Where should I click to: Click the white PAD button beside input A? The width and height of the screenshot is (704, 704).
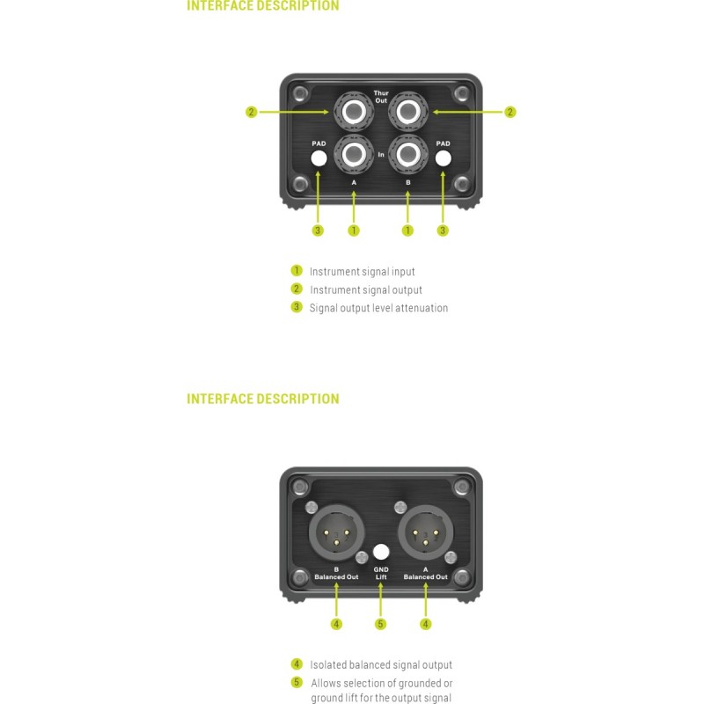pos(319,158)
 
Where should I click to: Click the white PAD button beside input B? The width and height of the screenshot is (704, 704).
pos(444,158)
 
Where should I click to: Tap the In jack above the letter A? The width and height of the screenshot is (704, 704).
pos(355,155)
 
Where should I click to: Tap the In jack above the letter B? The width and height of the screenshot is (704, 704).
pos(408,155)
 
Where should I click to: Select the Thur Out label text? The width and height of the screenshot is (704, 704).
pos(381,97)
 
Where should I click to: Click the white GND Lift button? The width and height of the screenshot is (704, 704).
pos(381,552)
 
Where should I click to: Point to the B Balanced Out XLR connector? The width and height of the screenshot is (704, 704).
pos(336,532)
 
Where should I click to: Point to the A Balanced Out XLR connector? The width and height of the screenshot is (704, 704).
pos(425,532)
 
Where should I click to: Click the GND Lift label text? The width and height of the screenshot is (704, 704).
pos(381,574)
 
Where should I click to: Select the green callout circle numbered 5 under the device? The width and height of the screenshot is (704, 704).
pos(381,624)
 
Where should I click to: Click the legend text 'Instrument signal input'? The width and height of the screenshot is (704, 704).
pos(363,272)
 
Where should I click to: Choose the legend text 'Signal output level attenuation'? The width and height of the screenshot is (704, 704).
pos(378,308)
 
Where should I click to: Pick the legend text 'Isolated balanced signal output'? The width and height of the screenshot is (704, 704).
pos(381,665)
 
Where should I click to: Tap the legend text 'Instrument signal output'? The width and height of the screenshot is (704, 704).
pos(366,290)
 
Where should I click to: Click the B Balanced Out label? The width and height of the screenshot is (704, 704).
pos(336,574)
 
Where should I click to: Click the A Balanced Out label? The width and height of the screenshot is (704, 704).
pos(425,574)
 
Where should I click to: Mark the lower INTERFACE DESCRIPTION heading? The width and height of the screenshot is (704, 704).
pos(263,400)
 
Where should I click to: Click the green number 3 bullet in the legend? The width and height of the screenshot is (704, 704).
pos(297,307)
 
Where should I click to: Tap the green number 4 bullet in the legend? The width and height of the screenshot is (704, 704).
pos(297,664)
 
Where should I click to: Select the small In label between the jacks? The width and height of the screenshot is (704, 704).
pos(381,155)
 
